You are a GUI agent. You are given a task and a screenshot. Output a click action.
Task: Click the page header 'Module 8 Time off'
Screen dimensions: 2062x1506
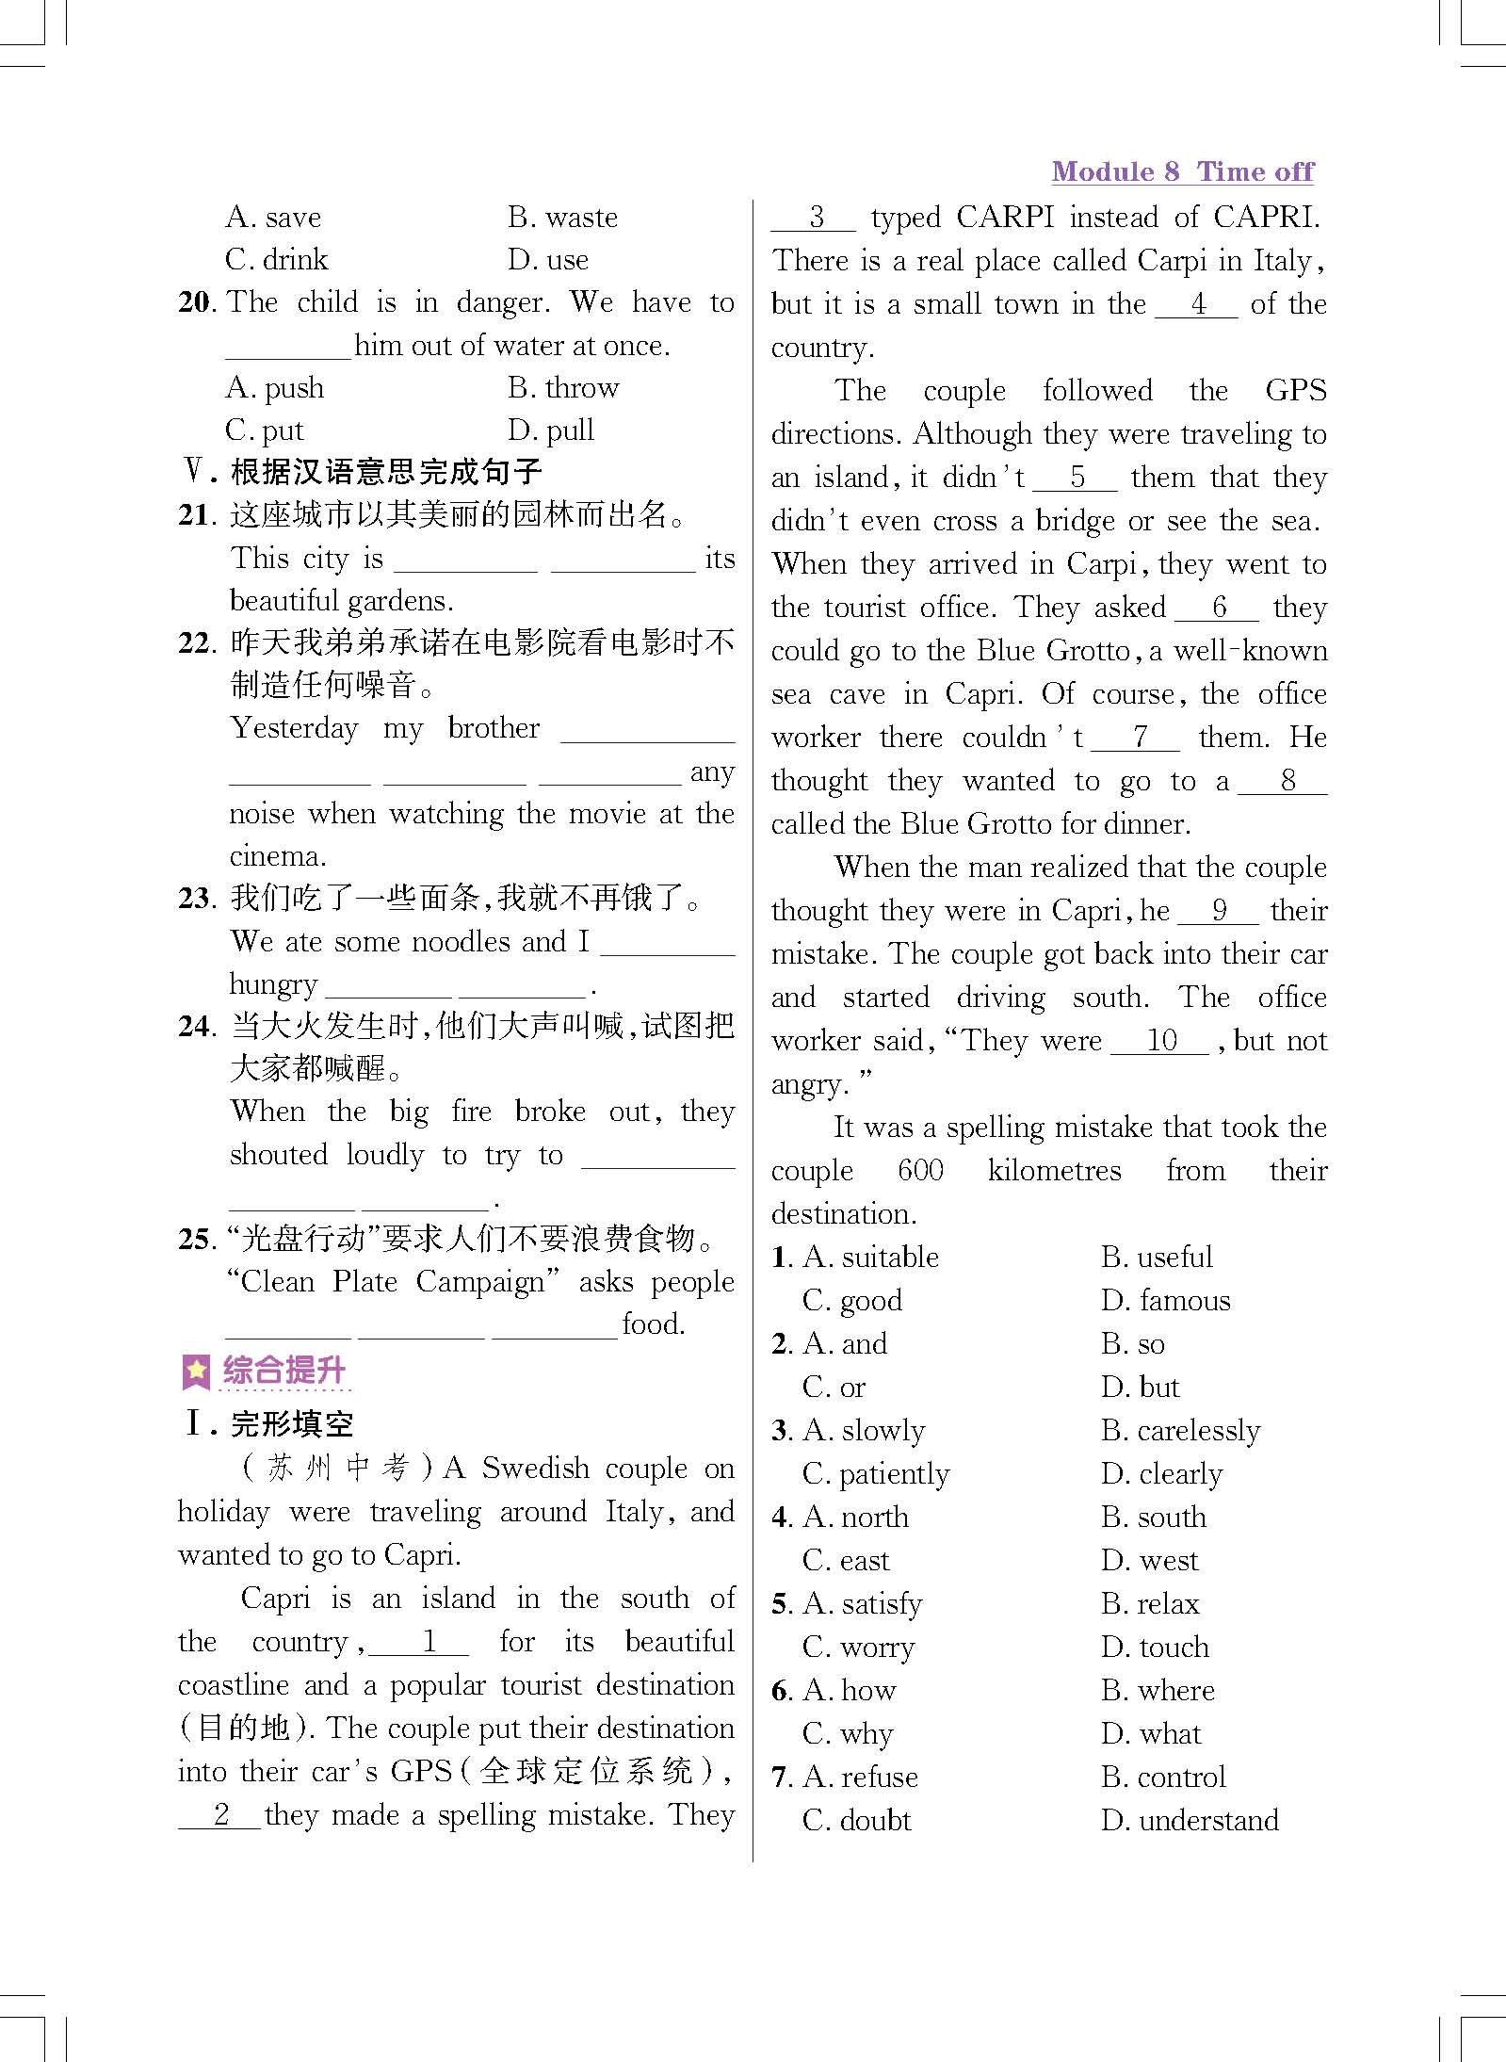(1182, 171)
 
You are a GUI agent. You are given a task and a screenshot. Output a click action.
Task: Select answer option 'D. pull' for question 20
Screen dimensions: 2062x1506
(551, 430)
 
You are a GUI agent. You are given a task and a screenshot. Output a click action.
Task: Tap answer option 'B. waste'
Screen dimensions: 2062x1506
(562, 218)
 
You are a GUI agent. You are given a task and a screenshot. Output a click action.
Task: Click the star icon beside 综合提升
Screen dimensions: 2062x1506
(196, 1372)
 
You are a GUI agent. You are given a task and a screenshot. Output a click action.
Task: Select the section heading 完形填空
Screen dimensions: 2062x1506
(292, 1424)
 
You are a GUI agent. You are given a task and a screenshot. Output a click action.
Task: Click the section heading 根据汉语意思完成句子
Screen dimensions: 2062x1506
(386, 472)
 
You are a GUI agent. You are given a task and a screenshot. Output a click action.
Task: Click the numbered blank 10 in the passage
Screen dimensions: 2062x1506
(1161, 1041)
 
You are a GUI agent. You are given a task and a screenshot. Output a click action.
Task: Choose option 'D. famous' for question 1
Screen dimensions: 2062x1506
(1165, 1301)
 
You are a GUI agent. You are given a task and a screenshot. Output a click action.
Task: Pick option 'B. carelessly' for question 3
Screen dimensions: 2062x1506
(1179, 1431)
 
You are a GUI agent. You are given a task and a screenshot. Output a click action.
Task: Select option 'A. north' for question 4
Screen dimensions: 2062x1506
(855, 1518)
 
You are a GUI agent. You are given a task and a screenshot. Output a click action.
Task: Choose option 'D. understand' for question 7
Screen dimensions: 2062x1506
(1190, 1821)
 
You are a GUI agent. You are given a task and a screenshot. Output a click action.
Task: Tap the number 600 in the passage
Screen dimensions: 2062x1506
(920, 1171)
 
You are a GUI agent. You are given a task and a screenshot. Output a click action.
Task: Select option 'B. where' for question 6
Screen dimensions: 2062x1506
(1158, 1691)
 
